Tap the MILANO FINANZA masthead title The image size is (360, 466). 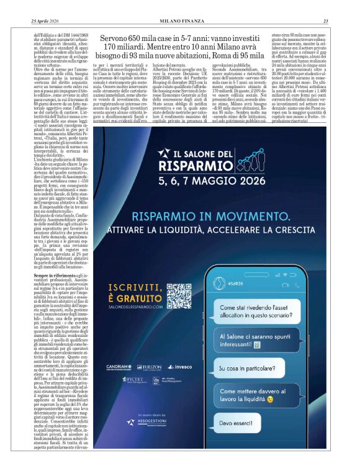pos(179,21)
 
